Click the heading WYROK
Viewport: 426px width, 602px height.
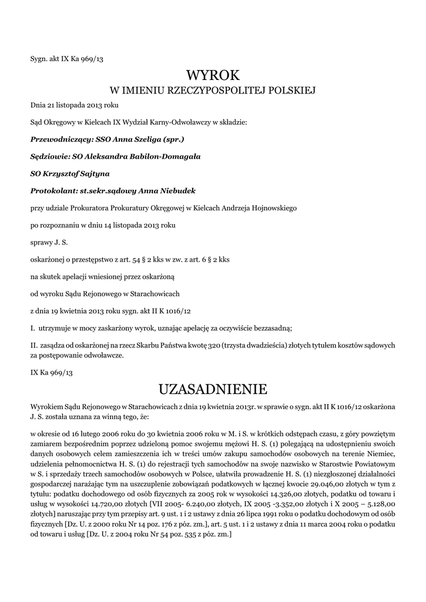[213, 75]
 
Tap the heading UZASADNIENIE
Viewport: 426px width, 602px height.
[213, 389]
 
